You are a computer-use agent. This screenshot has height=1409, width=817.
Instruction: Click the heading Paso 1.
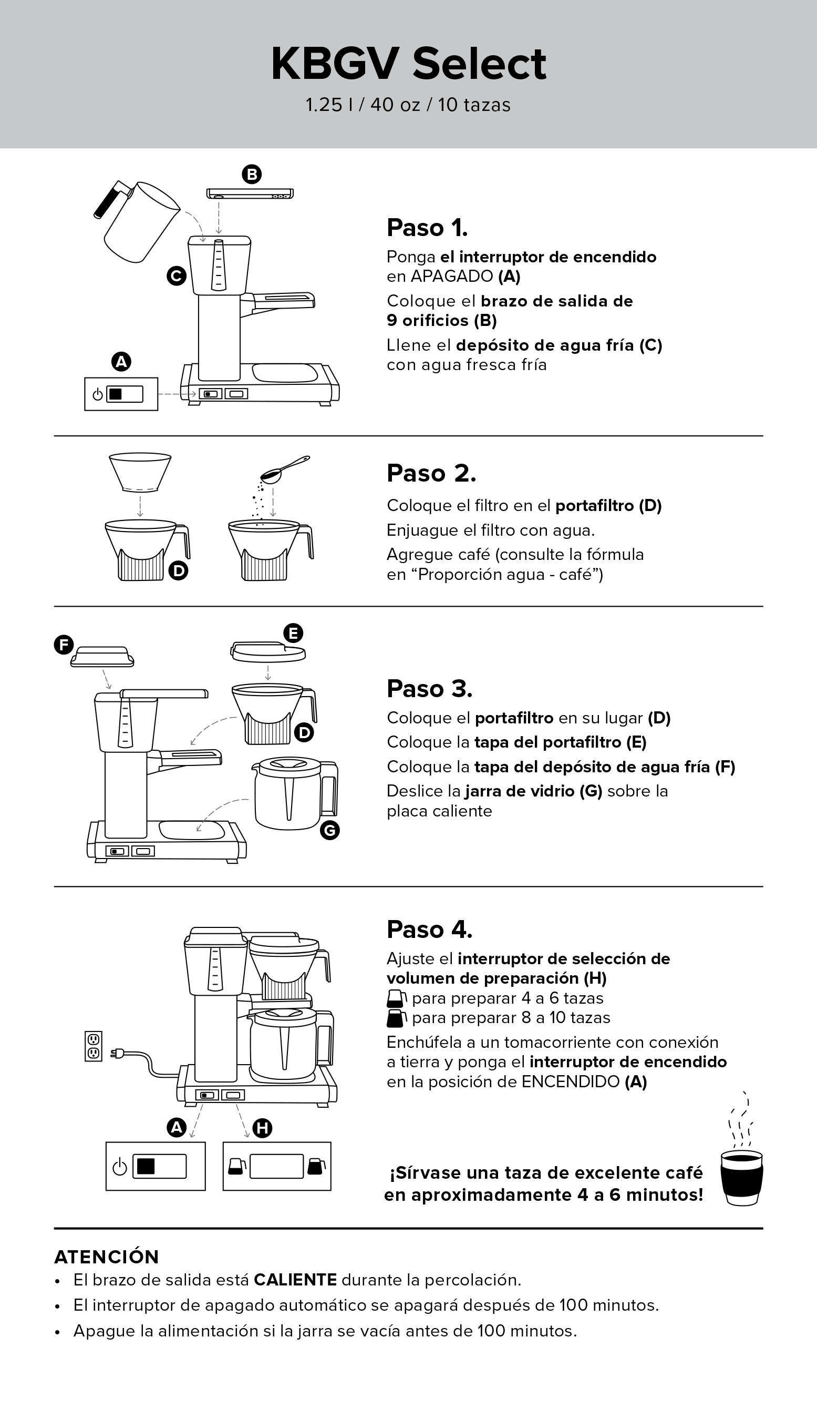point(427,228)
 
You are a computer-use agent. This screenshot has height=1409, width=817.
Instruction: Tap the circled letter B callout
point(252,175)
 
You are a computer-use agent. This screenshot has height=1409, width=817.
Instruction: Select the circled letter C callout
point(177,275)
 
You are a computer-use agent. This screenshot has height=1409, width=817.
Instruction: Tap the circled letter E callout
point(293,633)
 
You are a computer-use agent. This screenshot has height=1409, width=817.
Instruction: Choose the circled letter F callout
point(64,645)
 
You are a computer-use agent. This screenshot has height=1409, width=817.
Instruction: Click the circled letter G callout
point(330,831)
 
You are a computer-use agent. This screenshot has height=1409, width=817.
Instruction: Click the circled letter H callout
point(262,1128)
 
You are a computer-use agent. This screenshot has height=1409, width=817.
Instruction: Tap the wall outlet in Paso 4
point(94,1046)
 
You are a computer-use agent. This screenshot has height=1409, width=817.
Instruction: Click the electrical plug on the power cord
point(118,1054)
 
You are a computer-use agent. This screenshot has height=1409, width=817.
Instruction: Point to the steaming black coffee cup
point(741,1177)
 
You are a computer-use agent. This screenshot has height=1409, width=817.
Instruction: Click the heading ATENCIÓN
point(107,1257)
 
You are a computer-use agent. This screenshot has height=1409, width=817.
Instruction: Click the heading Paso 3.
point(429,689)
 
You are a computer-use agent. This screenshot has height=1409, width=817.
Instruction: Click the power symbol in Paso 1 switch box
point(98,394)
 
